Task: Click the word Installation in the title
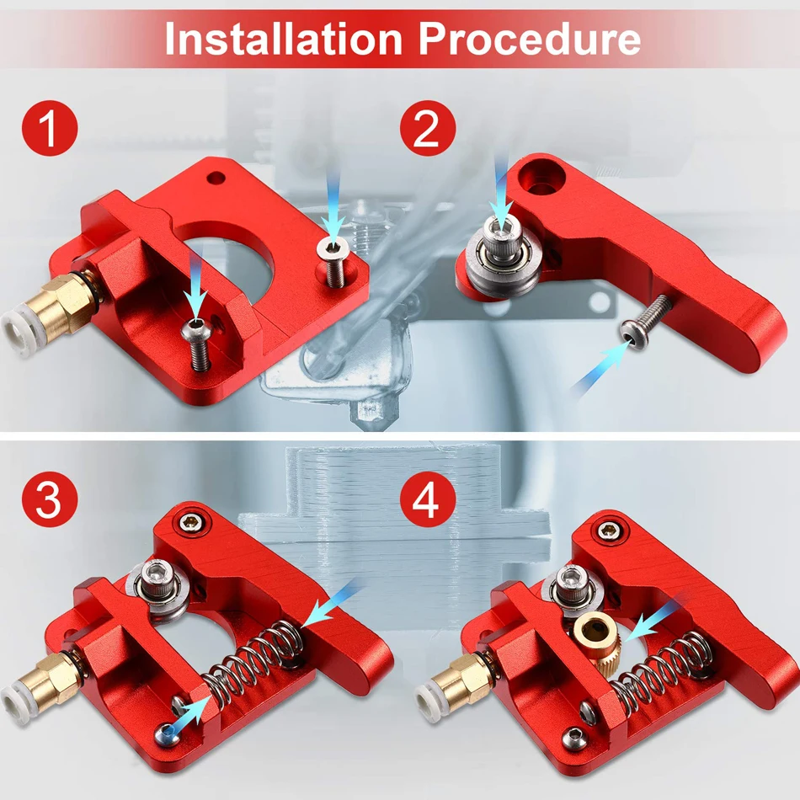(284, 39)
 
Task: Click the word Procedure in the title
(530, 39)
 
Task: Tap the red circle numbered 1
(50, 128)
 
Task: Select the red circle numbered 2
(428, 128)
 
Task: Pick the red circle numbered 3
(50, 499)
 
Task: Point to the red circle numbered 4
(428, 499)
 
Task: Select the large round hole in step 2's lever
(541, 178)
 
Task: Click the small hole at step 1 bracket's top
(216, 179)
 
